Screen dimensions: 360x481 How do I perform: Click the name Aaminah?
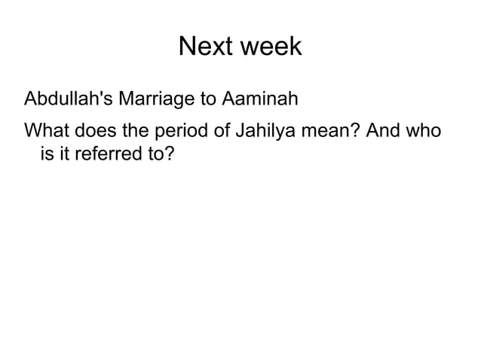pyautogui.click(x=261, y=99)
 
